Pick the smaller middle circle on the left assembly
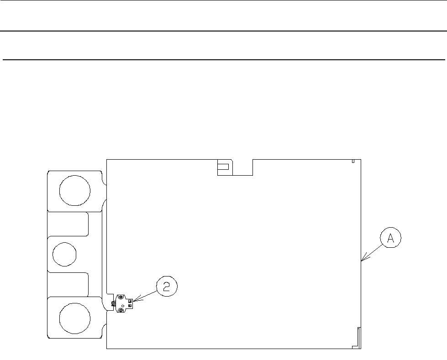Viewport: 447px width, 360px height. tap(64, 254)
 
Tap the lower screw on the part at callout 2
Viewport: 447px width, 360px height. tap(121, 311)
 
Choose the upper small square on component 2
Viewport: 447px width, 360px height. tap(130, 301)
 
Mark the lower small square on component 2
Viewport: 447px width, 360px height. tap(130, 306)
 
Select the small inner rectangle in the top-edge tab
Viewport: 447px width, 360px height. tap(223, 167)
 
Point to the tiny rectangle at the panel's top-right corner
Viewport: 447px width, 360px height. tap(353, 161)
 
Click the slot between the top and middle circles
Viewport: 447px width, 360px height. tap(68, 224)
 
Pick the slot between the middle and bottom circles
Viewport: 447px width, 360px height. tap(68, 285)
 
